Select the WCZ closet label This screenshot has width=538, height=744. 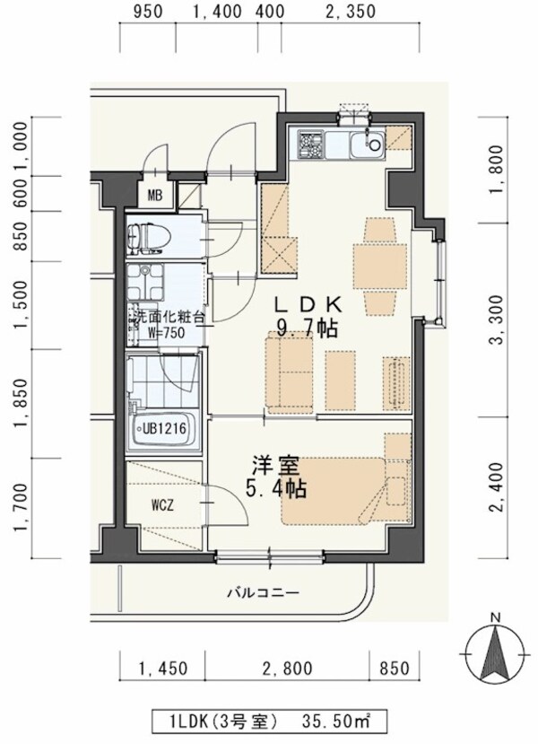(x=161, y=504)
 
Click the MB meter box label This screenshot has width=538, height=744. (x=153, y=197)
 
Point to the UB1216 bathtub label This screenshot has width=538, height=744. (x=163, y=428)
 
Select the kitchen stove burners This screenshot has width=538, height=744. (x=311, y=144)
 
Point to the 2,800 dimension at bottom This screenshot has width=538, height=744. (x=287, y=668)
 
